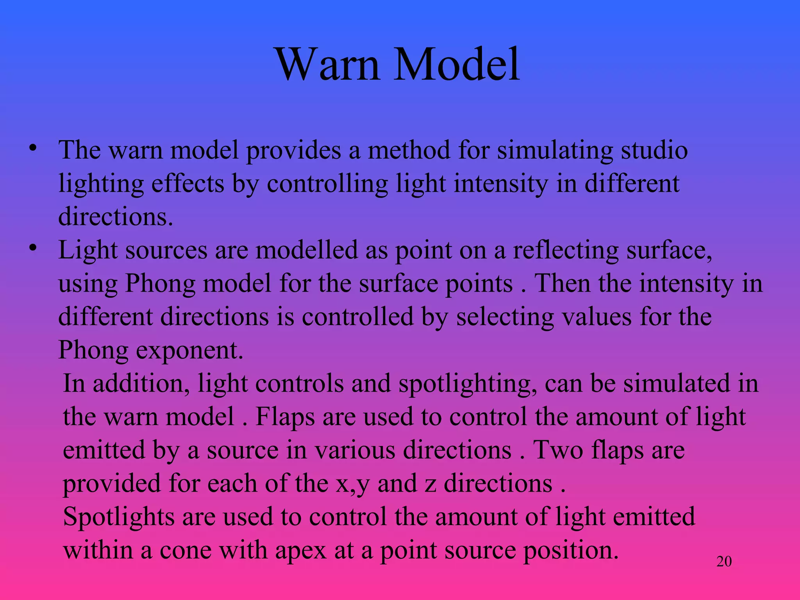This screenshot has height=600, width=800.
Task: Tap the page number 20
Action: tap(724, 561)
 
